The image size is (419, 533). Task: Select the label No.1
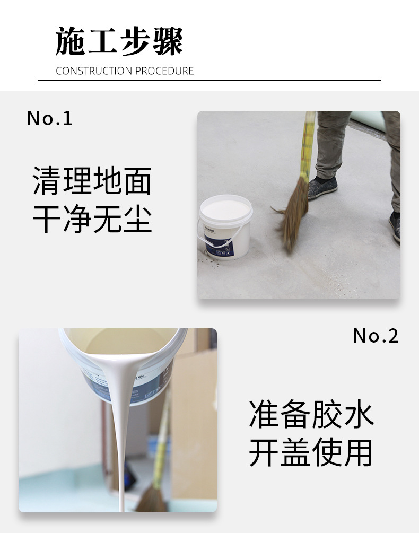[49, 118]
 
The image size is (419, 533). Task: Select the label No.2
[376, 336]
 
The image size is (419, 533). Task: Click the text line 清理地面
[92, 181]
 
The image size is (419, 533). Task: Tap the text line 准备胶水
[311, 415]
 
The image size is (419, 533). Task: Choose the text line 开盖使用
[311, 453]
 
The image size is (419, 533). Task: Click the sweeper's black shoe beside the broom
[322, 187]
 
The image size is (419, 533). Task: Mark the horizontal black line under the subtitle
[209, 81]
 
